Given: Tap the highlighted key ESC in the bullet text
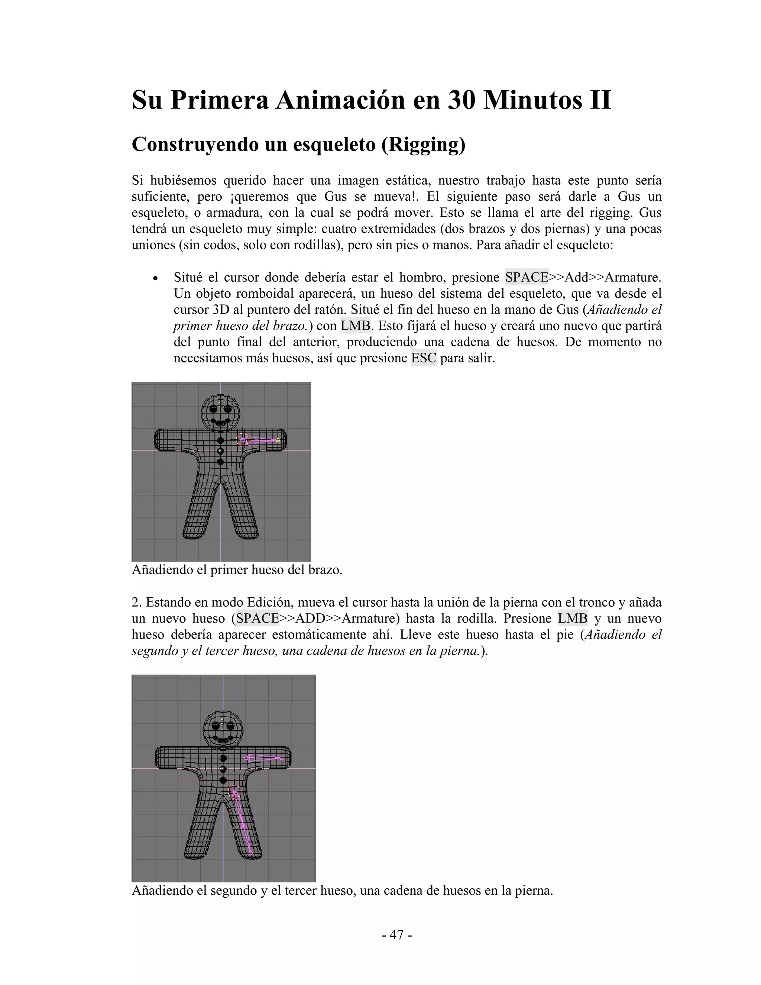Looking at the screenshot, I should pos(423,358).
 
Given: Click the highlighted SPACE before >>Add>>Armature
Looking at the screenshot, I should pos(526,277).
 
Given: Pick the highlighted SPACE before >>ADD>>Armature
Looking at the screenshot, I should pos(258,619).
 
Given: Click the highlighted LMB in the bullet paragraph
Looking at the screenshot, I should pos(355,326).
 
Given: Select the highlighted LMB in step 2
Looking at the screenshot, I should pos(572,619).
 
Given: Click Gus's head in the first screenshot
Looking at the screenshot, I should pos(220,412).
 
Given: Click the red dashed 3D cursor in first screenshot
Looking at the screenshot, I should pos(242,440).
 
